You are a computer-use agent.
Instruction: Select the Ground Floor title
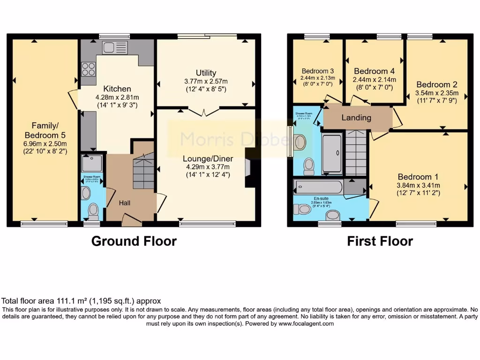134,241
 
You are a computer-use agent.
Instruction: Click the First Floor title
380,241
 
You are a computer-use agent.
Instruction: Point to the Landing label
356,118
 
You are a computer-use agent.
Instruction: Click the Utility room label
206,73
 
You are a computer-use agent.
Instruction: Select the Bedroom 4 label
374,71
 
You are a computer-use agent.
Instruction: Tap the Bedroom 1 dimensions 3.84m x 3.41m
418,185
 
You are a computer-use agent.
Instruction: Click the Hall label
124,203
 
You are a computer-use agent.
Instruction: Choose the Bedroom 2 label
436,85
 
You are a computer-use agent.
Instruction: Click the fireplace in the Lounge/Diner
248,168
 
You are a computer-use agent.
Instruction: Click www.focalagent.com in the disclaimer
306,323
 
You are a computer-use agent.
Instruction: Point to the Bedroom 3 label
314,72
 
